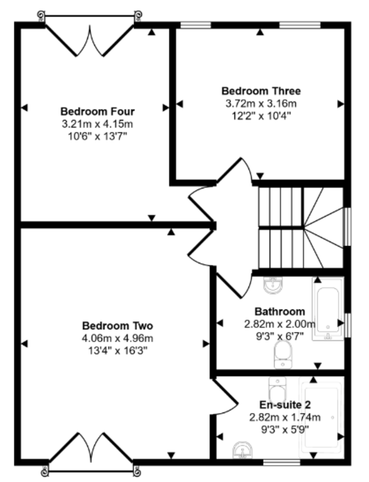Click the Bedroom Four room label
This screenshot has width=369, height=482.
pyautogui.click(x=98, y=112)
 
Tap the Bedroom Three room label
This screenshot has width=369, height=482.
pyautogui.click(x=261, y=91)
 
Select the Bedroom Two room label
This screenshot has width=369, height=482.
pyautogui.click(x=118, y=326)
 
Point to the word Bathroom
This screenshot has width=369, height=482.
pyautogui.click(x=280, y=312)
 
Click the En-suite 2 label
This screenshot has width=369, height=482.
pyautogui.click(x=285, y=405)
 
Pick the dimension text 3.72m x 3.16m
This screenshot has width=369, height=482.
pyautogui.click(x=261, y=104)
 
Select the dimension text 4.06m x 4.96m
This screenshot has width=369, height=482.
pyautogui.click(x=118, y=339)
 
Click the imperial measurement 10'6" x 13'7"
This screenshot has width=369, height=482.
pyautogui.click(x=98, y=137)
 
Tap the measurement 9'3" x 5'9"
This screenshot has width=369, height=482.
pyautogui.click(x=285, y=430)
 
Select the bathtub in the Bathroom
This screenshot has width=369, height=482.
pyautogui.click(x=328, y=309)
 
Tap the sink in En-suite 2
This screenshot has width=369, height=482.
pyautogui.click(x=243, y=449)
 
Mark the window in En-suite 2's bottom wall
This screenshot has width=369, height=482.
pyautogui.click(x=282, y=462)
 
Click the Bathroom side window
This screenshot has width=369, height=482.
pyautogui.click(x=348, y=325)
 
